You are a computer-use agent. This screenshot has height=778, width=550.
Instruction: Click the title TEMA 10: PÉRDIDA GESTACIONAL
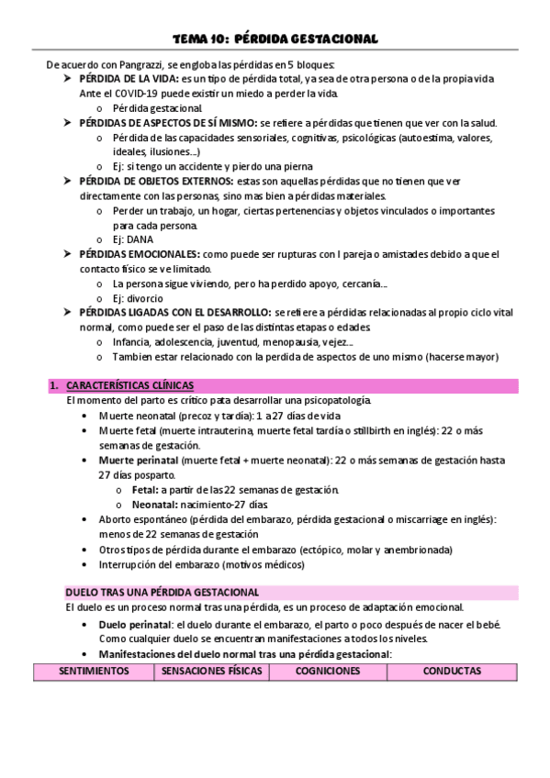point(275,39)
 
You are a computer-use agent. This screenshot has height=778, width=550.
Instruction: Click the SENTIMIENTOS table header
point(93,672)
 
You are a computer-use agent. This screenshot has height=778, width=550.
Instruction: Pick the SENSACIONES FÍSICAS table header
point(211,672)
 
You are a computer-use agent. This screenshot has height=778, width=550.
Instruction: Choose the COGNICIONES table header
point(327,672)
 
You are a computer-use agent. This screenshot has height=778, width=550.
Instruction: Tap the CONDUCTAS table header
point(452,672)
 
